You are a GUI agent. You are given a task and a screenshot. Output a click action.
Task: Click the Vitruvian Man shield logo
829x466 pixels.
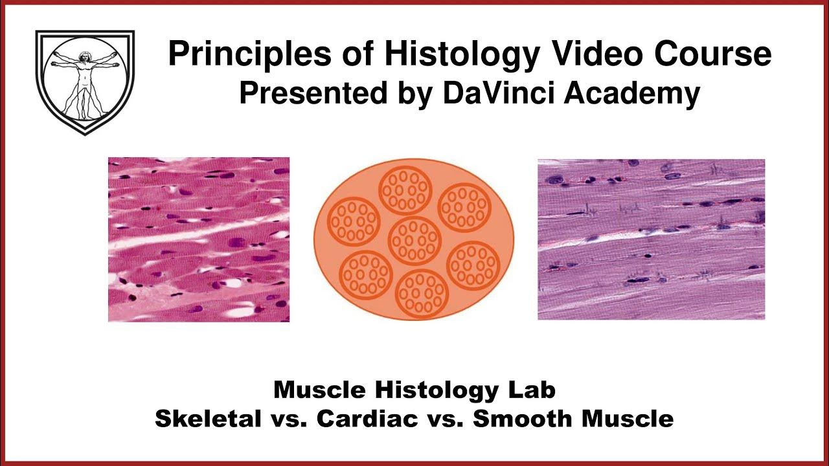85,82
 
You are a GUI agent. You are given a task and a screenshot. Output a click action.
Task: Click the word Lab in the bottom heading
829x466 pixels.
532,390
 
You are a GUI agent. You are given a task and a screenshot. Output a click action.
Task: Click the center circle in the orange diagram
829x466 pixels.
414,241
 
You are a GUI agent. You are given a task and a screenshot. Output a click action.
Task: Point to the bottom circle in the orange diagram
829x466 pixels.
422,293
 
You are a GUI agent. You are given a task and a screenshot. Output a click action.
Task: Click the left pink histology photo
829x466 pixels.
199,239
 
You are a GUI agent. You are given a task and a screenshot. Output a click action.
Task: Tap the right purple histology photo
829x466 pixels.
651,239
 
